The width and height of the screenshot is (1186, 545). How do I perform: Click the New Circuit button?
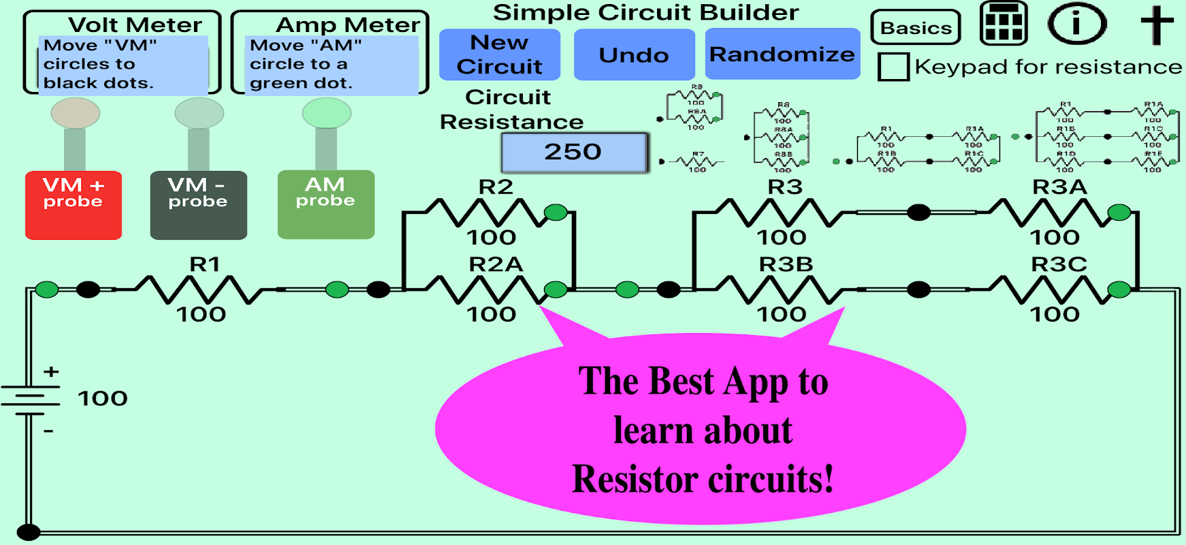pyautogui.click(x=499, y=54)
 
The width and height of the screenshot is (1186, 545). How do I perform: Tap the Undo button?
pyautogui.click(x=634, y=54)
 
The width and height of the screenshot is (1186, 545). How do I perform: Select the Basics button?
pyautogui.click(x=916, y=28)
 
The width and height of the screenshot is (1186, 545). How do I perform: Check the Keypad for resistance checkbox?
pyautogui.click(x=893, y=67)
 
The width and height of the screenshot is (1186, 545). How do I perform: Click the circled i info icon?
pyautogui.click(x=1076, y=24)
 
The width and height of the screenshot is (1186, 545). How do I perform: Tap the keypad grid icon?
pyautogui.click(x=1003, y=24)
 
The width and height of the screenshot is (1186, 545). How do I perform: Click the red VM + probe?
pyautogui.click(x=74, y=204)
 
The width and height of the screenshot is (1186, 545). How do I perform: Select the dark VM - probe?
pyautogui.click(x=198, y=204)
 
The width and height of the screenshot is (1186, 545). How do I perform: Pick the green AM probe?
pyautogui.click(x=325, y=204)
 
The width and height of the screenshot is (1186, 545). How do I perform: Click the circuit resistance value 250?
pyautogui.click(x=573, y=152)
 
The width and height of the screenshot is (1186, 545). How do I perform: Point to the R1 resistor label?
pyautogui.click(x=205, y=264)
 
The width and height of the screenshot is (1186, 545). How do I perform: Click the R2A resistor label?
pyautogui.click(x=496, y=264)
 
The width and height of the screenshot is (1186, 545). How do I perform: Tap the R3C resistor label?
pyautogui.click(x=1059, y=264)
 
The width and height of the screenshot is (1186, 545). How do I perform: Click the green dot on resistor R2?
pyautogui.click(x=556, y=213)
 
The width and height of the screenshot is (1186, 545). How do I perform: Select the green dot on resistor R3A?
pyautogui.click(x=1119, y=213)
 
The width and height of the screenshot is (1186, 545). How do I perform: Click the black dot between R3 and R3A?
pyautogui.click(x=918, y=213)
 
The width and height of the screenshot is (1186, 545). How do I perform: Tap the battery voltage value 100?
pyautogui.click(x=103, y=399)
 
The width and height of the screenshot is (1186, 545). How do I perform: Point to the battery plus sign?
pyautogui.click(x=51, y=372)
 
